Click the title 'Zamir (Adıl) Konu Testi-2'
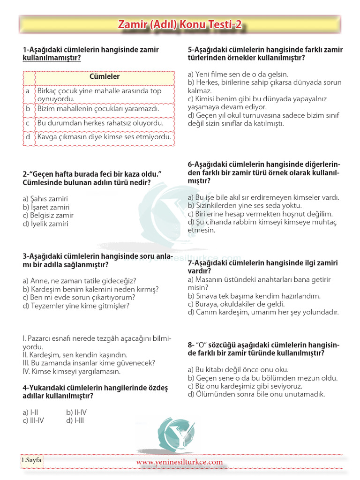click(x=180, y=25)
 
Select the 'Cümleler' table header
click(x=104, y=76)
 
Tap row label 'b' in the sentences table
click(x=28, y=109)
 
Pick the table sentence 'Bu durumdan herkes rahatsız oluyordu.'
click(x=100, y=123)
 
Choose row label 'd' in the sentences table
click(x=28, y=137)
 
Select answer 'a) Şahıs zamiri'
click(x=45, y=198)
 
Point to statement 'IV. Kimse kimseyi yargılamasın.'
click(x=72, y=371)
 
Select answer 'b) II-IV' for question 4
click(x=77, y=412)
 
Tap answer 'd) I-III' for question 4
click(x=75, y=420)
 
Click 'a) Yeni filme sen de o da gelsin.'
click(x=238, y=74)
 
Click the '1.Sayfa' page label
click(x=31, y=460)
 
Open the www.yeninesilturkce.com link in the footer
click(x=180, y=462)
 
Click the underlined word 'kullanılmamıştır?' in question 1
click(x=52, y=58)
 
